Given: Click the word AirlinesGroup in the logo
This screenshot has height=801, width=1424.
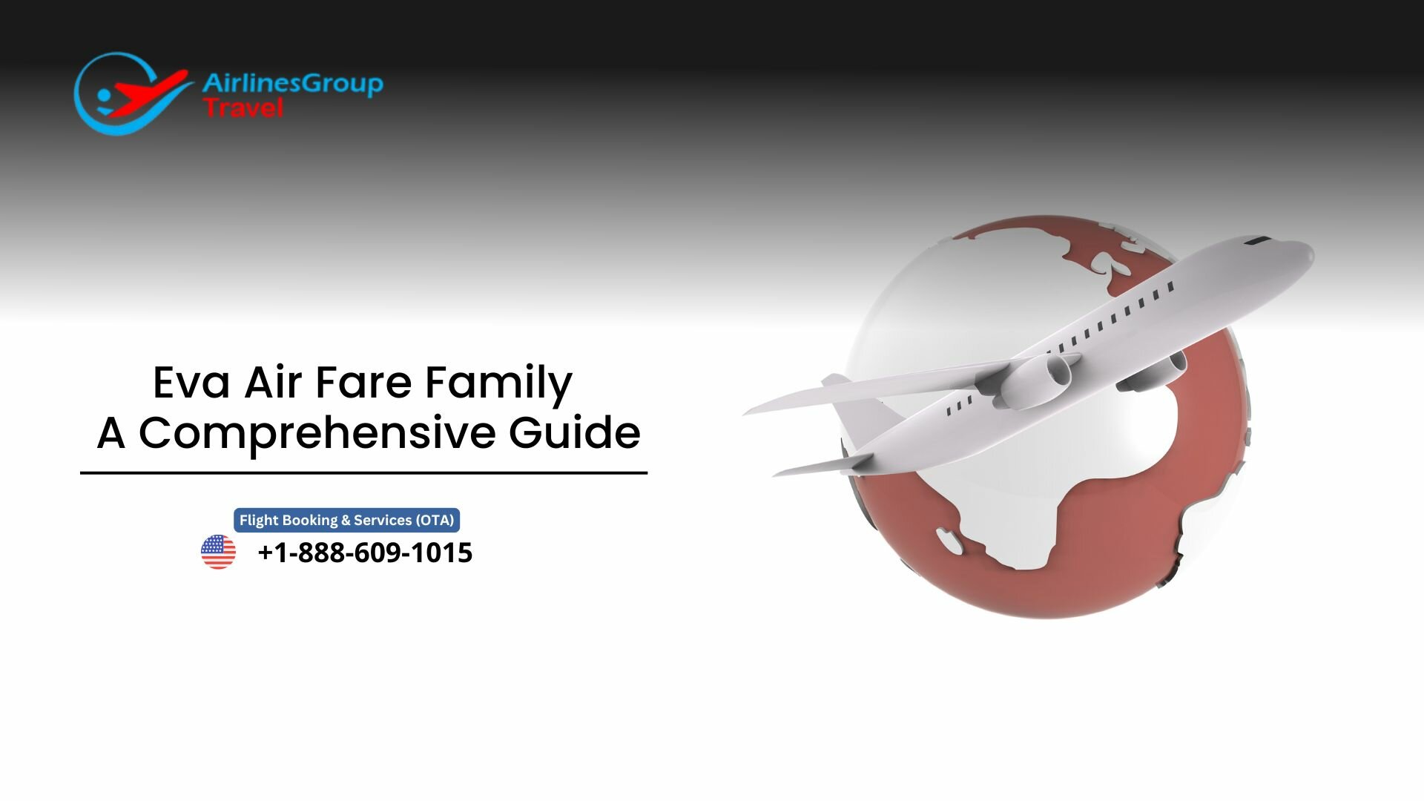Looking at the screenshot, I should (292, 83).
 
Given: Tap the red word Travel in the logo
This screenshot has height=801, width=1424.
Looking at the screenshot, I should (243, 108).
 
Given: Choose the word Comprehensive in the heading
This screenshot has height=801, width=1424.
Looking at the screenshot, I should (317, 433).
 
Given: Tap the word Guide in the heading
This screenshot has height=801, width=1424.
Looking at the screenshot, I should (575, 433).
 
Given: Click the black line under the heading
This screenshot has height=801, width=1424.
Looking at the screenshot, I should (363, 472).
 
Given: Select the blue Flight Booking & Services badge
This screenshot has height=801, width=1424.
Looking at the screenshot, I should (346, 520).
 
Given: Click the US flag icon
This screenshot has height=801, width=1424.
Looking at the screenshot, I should (218, 552).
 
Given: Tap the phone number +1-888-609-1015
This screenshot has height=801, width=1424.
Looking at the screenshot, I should (364, 553).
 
